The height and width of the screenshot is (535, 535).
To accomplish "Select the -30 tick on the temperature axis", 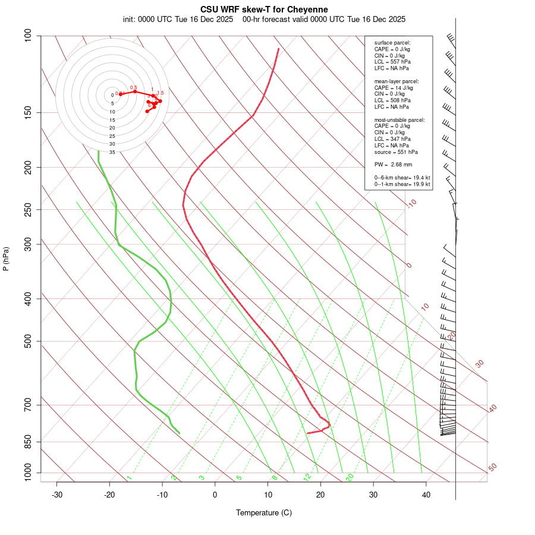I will (57, 495).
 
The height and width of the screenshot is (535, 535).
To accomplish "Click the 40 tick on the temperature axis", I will (426, 495).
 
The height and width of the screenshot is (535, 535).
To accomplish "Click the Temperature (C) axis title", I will (264, 512).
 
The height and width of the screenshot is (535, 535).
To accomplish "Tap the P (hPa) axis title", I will (6, 259).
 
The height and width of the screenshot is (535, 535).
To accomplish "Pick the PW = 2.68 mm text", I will (393, 165).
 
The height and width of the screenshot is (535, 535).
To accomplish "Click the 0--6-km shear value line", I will (402, 178).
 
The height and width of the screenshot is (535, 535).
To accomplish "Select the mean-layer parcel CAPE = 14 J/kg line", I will (394, 87).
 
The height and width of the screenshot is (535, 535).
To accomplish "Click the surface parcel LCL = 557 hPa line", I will (392, 62).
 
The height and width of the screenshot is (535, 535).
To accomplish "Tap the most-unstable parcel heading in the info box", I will (399, 119).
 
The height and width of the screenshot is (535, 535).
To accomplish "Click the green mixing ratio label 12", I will (307, 477).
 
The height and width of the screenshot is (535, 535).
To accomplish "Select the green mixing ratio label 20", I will (350, 477).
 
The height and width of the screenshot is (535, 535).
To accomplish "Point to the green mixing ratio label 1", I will (129, 478).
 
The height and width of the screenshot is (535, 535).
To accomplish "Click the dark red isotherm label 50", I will (492, 468).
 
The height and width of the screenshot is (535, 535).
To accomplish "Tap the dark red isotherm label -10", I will (412, 203).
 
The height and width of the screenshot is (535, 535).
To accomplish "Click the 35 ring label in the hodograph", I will (112, 152).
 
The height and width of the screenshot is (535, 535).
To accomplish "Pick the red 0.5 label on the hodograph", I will (134, 87).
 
